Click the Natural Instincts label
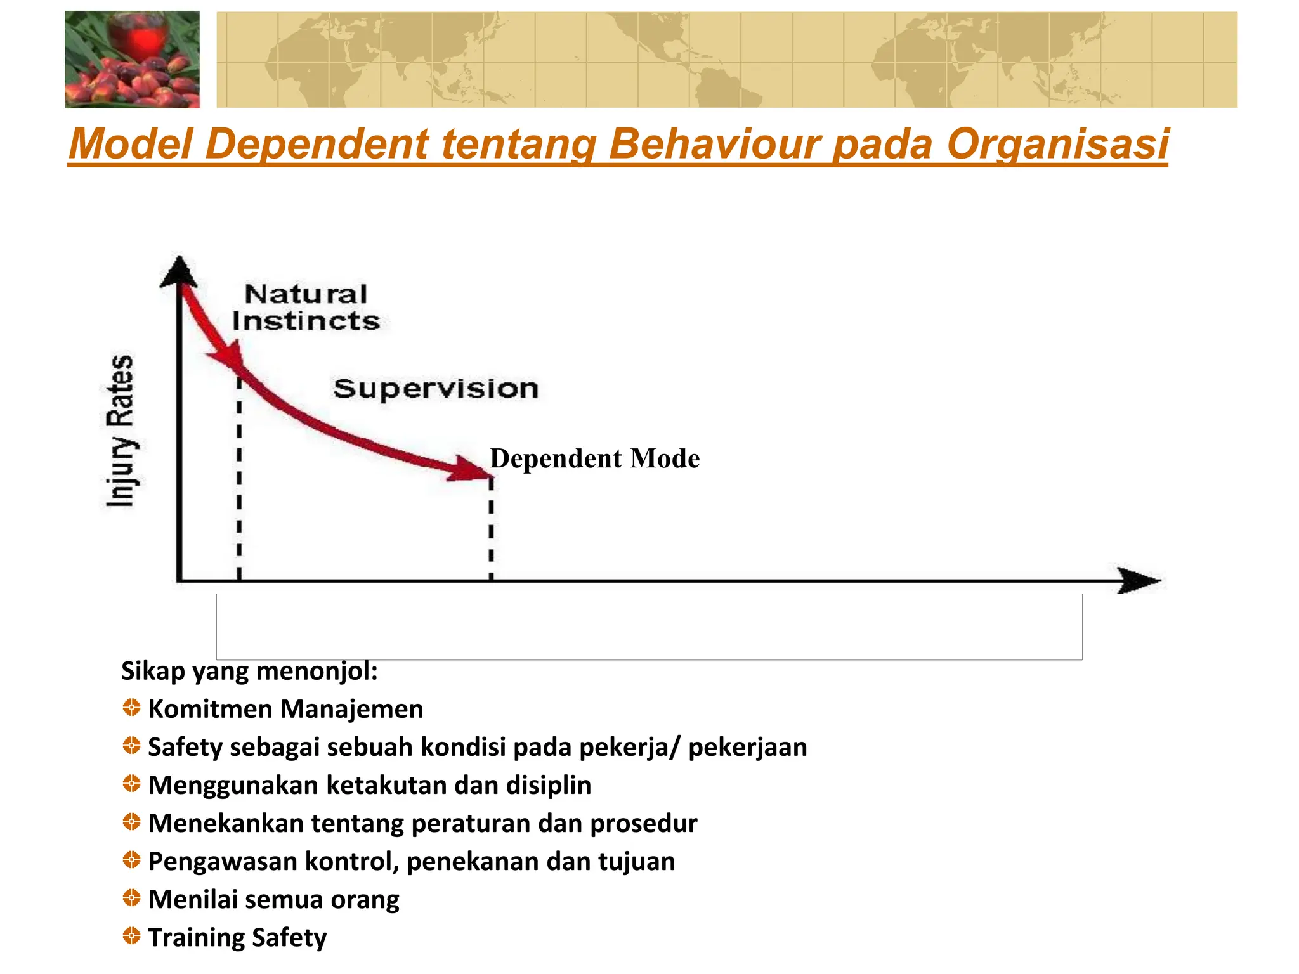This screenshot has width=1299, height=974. (x=306, y=308)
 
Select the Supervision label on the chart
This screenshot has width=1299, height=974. (x=436, y=388)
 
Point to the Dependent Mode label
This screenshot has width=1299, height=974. (x=594, y=458)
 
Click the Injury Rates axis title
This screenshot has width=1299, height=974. (x=121, y=431)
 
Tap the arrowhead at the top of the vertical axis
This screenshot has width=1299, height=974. (x=180, y=271)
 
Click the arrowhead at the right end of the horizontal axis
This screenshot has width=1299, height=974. (x=1139, y=580)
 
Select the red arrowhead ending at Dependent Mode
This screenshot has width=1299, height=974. (x=469, y=469)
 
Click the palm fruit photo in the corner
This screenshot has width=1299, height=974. (x=132, y=60)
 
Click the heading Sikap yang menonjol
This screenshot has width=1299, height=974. (x=249, y=671)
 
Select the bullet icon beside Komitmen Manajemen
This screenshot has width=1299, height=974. (x=131, y=708)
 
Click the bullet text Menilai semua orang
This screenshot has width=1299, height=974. (x=273, y=899)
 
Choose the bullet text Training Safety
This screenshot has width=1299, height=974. (x=237, y=937)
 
